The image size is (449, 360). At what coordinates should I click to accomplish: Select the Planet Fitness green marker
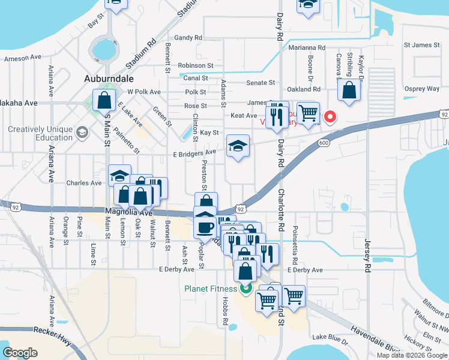[x=246, y=289]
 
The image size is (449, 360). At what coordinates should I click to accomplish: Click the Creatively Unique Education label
[x=40, y=133]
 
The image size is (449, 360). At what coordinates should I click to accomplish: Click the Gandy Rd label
[x=188, y=37]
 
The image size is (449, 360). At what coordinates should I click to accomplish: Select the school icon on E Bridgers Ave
[x=238, y=146]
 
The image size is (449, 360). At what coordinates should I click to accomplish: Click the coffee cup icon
[x=205, y=227]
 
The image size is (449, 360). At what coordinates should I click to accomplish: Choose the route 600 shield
[x=324, y=142]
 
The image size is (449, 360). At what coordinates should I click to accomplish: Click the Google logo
[x=20, y=353]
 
